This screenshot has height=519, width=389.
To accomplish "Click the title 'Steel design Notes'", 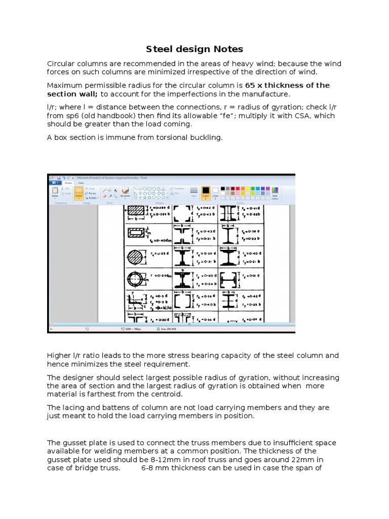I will coord(194,49).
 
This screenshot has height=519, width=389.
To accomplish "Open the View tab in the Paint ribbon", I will coord(81,183).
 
